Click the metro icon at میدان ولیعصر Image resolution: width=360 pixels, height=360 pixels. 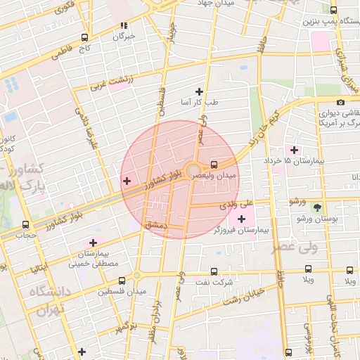click(x=214, y=166)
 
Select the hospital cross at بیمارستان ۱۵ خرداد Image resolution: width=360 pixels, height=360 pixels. click(x=294, y=150)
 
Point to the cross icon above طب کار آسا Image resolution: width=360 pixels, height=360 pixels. click(x=199, y=91)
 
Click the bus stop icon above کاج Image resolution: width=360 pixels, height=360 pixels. click(x=85, y=37)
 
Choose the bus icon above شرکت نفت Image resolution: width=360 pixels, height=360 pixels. click(x=213, y=271)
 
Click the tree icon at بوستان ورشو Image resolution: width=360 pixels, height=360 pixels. click(x=317, y=207)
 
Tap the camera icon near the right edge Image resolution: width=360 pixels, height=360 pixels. click(x=341, y=103)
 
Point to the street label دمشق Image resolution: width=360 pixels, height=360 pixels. click(x=154, y=224)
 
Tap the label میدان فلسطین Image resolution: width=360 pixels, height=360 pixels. click(x=122, y=290)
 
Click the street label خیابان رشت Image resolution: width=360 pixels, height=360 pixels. click(x=243, y=295)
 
